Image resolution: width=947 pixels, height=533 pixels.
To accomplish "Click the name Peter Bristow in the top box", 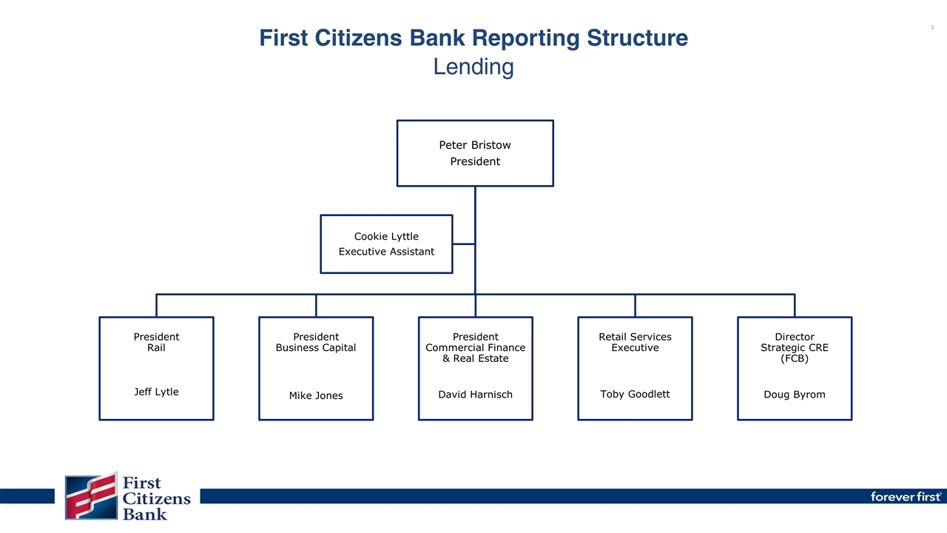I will tap(475, 145).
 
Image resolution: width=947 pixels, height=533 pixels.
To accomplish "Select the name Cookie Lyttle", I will tap(386, 236).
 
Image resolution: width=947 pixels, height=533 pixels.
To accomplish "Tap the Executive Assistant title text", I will tap(386, 252).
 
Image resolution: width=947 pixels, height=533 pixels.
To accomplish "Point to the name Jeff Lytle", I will tap(156, 392).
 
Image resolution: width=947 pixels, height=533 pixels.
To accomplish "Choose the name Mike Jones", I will tap(316, 395).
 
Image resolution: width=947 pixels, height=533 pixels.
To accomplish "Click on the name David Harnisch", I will tap(475, 395).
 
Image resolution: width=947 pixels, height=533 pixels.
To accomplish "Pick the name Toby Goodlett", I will tap(635, 394).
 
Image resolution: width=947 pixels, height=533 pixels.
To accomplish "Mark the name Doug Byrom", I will tap(794, 395).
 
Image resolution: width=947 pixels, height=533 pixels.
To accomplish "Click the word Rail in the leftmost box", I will tap(156, 348).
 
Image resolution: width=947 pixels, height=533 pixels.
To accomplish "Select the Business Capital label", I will tap(316, 348).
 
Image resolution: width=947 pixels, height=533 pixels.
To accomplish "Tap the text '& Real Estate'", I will tap(475, 359).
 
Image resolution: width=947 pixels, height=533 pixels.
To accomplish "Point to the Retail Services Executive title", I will tap(635, 342).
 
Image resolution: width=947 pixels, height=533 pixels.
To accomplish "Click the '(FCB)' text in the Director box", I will tap(794, 359).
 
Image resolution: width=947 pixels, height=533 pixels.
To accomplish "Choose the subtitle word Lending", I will tap(473, 67).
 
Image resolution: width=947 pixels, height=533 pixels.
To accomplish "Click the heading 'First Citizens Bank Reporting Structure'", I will tap(473, 38).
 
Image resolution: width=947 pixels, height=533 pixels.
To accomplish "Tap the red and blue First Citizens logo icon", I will tap(91, 495).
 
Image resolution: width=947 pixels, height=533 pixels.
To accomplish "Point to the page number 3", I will tap(931, 27).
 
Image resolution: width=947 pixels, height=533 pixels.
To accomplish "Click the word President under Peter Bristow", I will tap(475, 161).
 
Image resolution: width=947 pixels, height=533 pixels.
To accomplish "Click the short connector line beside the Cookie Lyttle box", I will tap(463, 244).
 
